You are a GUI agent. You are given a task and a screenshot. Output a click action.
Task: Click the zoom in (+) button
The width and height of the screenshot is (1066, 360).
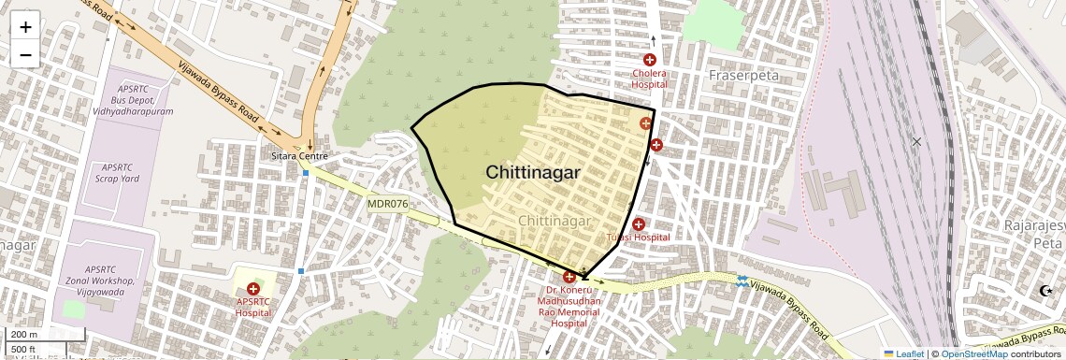[x=25, y=26]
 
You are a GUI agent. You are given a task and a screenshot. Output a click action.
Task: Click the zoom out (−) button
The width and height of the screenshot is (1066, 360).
[x=25, y=54]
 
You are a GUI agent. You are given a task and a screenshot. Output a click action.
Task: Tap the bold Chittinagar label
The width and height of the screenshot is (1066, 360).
[x=532, y=173]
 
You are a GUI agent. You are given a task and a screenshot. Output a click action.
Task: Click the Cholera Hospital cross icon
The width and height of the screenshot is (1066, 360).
[x=650, y=60]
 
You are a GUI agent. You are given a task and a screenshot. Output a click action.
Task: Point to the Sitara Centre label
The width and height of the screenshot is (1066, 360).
[x=299, y=156]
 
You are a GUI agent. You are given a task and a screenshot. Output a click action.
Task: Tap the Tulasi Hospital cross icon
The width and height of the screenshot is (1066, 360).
[x=639, y=224]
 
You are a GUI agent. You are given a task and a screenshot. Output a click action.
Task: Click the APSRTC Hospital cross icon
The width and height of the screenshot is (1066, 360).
[x=253, y=290]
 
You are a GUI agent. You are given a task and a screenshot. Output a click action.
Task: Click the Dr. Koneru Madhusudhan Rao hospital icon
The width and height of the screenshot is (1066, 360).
[x=569, y=277]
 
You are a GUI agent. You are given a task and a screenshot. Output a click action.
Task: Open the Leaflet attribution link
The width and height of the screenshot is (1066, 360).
[x=903, y=353]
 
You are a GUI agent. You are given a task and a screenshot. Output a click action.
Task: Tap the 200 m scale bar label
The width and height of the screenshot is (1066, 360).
[x=24, y=334]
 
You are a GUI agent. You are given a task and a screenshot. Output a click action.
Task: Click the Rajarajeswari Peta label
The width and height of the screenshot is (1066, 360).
[x=1034, y=235]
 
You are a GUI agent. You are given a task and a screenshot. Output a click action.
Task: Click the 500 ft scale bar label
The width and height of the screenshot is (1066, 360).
[x=24, y=350]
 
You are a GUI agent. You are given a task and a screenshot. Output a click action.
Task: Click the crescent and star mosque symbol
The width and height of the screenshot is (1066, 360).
[x=1045, y=291]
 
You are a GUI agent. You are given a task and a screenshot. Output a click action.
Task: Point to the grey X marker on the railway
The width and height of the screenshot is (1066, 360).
[x=916, y=141]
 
